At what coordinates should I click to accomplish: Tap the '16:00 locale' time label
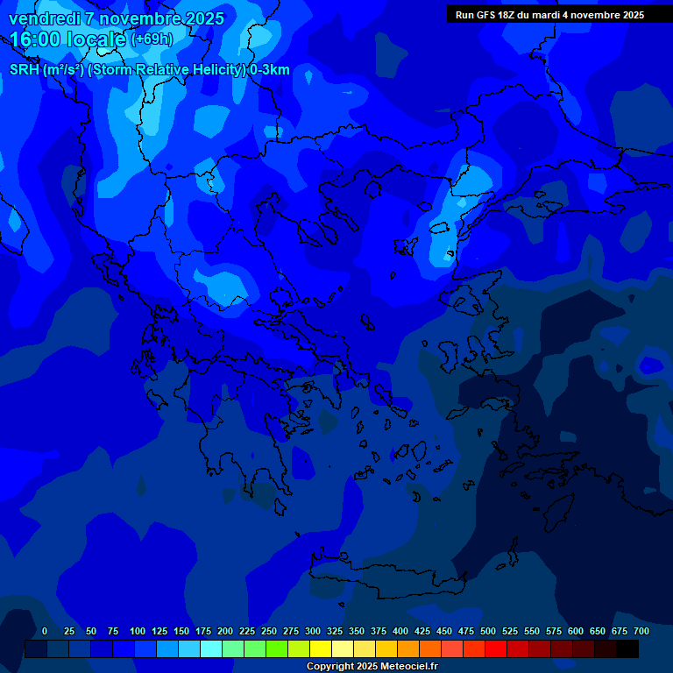[x=68, y=39]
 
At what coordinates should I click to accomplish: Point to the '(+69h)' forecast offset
[x=152, y=39]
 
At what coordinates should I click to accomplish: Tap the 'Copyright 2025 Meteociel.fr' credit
[x=372, y=666]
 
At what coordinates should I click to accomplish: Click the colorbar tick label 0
[x=45, y=631]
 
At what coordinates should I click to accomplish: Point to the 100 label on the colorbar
[x=138, y=631]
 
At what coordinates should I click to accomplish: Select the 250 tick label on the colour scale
[x=269, y=631]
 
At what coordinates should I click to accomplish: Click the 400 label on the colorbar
[x=400, y=631]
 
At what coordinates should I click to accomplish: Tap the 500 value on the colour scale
[x=488, y=631]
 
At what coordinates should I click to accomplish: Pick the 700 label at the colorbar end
[x=641, y=631]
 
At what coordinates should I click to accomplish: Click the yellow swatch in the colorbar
[x=321, y=648]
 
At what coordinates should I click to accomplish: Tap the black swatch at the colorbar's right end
[x=627, y=648]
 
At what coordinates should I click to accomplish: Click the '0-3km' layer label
[x=269, y=70]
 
